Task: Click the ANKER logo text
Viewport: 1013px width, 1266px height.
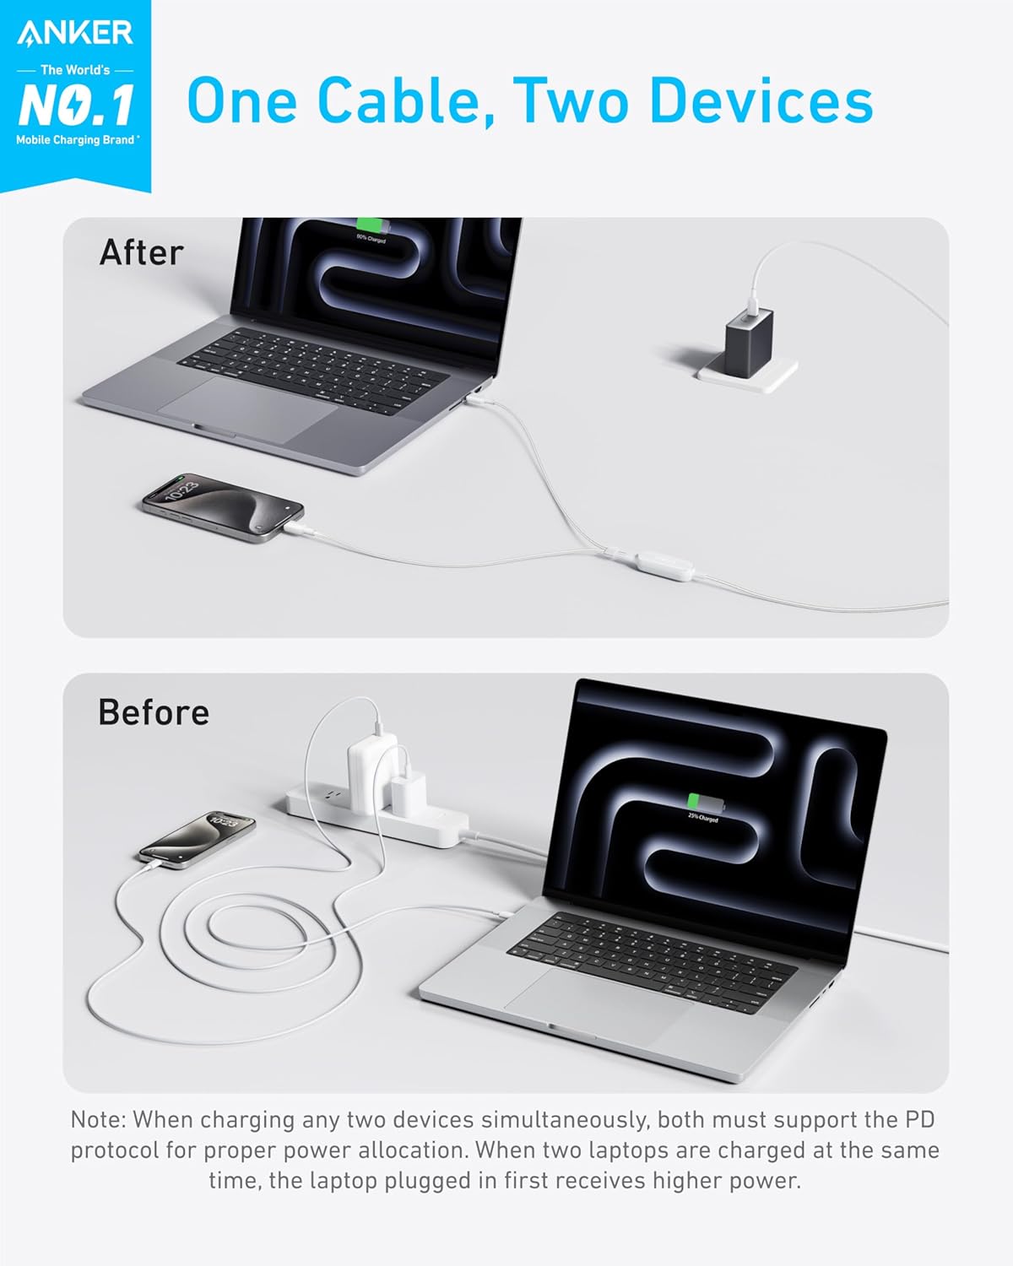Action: pos(75,33)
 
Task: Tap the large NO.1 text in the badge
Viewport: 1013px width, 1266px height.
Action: pos(76,105)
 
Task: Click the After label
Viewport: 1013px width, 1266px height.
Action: pos(141,252)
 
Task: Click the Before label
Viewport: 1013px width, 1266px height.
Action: pos(154,712)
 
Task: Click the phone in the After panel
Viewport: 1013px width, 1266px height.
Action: pos(223,506)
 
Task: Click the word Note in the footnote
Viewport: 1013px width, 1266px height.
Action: pos(97,1120)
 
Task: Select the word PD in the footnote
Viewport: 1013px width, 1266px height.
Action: pos(919,1120)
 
